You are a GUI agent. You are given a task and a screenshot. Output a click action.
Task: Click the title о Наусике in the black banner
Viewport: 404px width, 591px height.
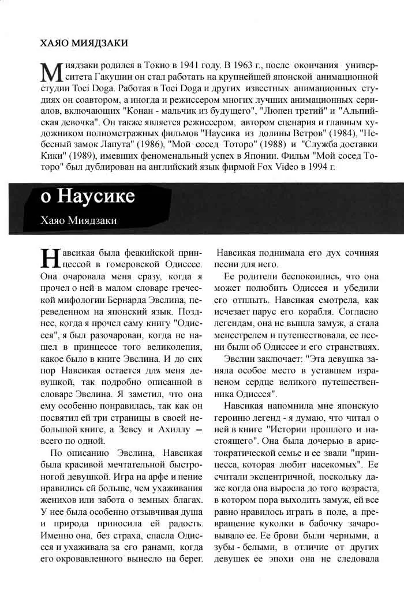point(88,196)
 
